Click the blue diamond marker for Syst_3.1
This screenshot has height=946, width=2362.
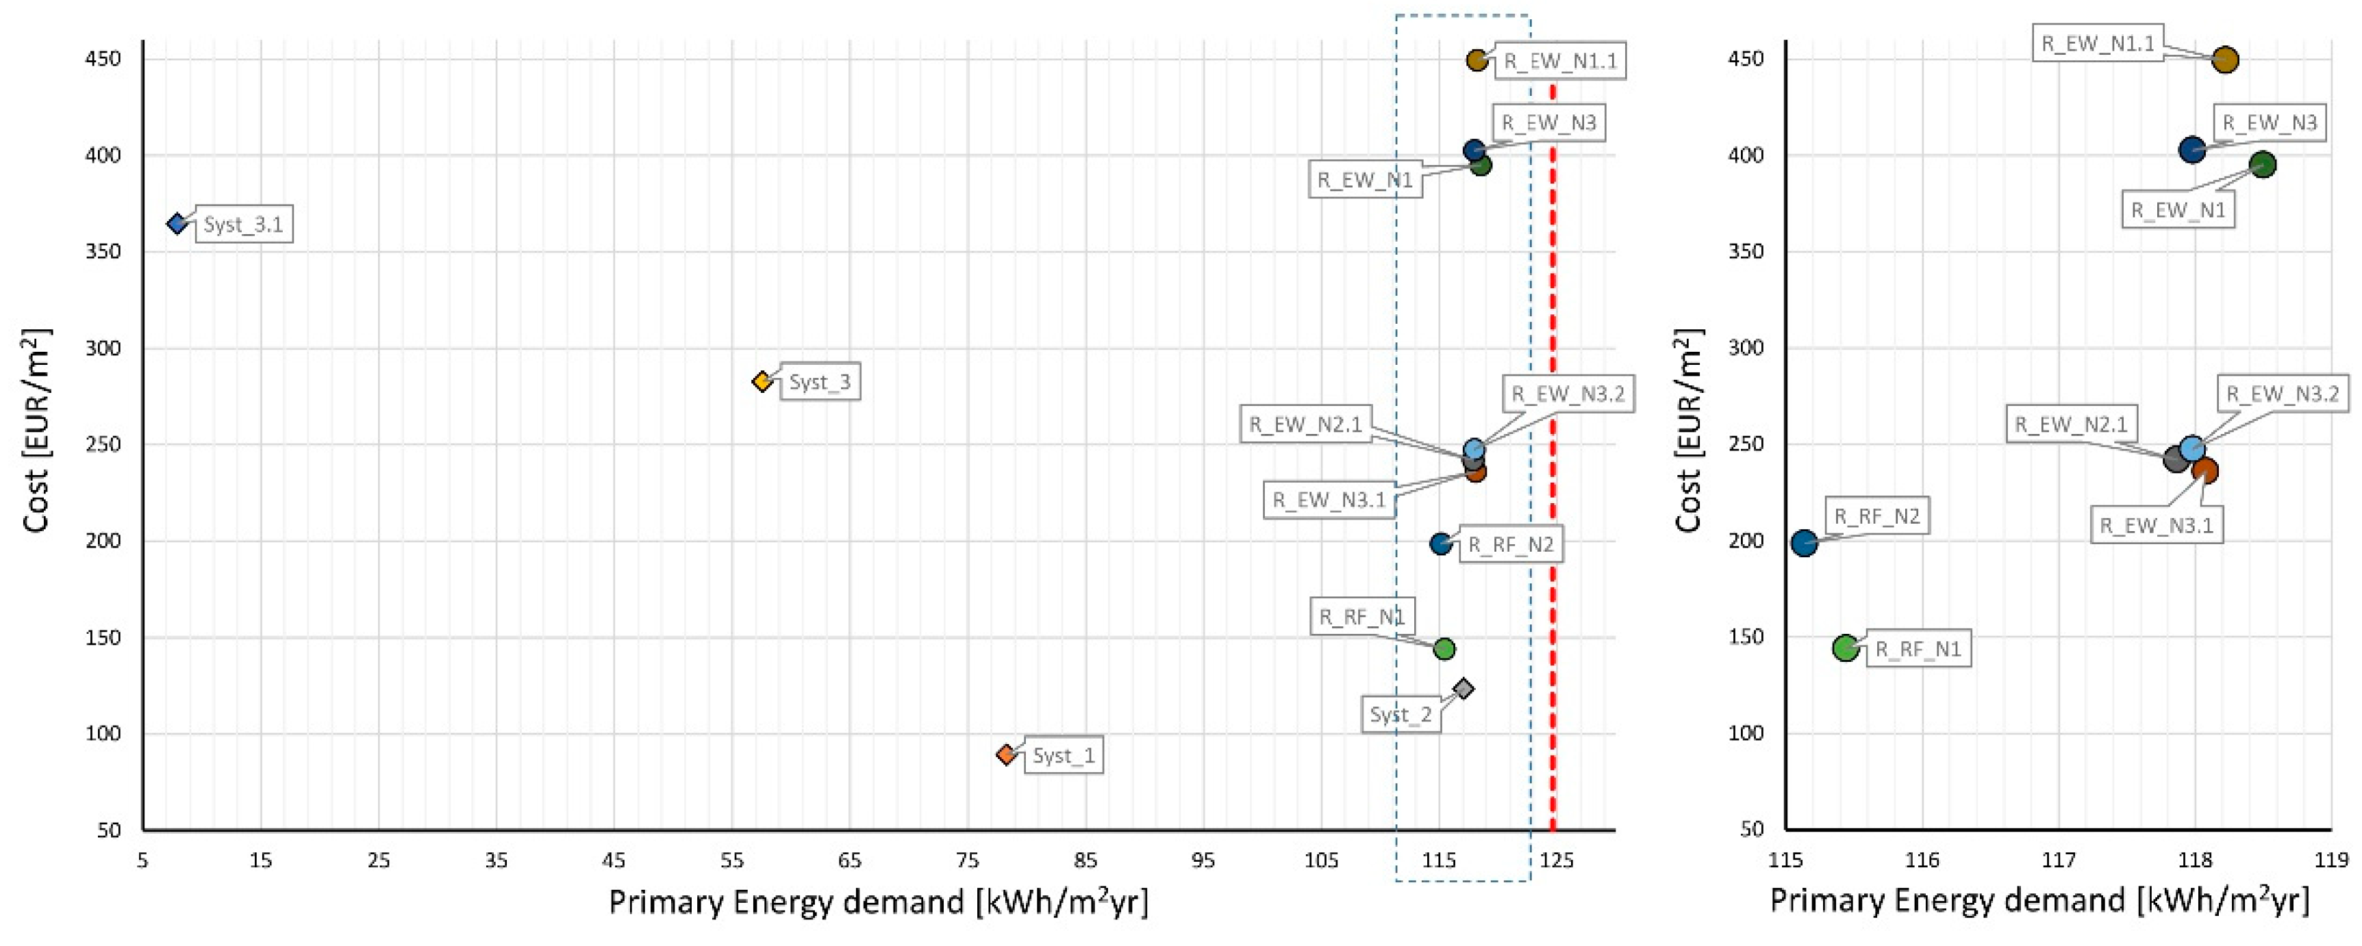pyautogui.click(x=177, y=224)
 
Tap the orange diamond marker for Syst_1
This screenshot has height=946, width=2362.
pyautogui.click(x=1007, y=754)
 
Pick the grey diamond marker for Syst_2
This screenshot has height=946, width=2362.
pyautogui.click(x=1463, y=689)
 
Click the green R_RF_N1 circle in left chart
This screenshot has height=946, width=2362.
pyautogui.click(x=1444, y=649)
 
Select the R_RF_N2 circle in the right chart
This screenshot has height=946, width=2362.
pyautogui.click(x=1804, y=543)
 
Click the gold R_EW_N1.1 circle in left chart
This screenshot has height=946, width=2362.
pyautogui.click(x=1477, y=60)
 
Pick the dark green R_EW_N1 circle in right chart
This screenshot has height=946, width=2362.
pyautogui.click(x=2263, y=165)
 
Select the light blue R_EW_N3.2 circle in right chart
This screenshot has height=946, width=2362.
pyautogui.click(x=2191, y=448)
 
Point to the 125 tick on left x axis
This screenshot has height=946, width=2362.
pyautogui.click(x=1556, y=860)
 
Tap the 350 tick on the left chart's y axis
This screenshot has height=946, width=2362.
pyautogui.click(x=103, y=252)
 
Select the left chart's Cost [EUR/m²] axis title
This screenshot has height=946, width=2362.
pyautogui.click(x=37, y=431)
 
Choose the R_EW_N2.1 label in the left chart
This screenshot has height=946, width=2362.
pyautogui.click(x=1306, y=425)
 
